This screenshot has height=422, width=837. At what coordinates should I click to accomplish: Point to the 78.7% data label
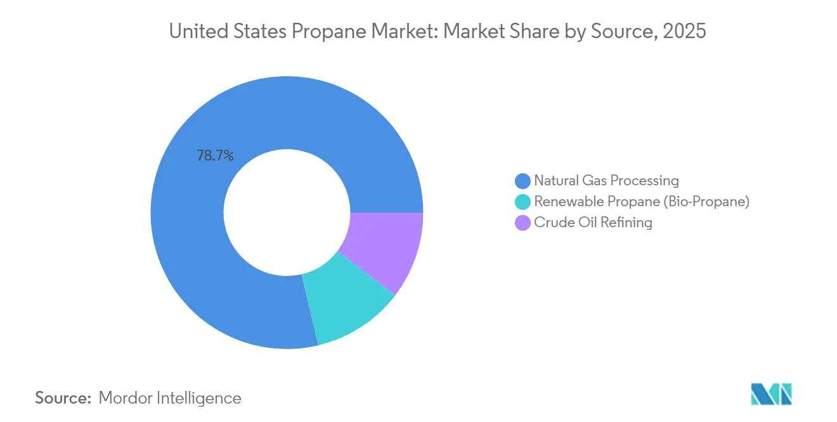216,155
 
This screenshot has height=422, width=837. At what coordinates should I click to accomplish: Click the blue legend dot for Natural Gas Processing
523,181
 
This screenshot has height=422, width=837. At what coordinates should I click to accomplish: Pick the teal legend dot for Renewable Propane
523,202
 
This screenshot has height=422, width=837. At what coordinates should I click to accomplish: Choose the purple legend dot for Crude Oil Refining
523,223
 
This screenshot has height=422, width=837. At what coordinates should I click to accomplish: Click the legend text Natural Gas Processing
606,181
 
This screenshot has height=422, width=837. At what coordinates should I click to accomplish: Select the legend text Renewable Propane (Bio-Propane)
642,202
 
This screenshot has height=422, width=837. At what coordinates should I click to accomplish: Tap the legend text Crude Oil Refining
593,223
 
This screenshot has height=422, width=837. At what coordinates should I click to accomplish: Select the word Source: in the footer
63,398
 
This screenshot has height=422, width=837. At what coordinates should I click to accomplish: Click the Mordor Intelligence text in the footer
170,398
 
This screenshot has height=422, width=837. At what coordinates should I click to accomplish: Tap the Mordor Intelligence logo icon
771,394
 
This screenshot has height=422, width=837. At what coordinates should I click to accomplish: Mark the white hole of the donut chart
287,212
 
